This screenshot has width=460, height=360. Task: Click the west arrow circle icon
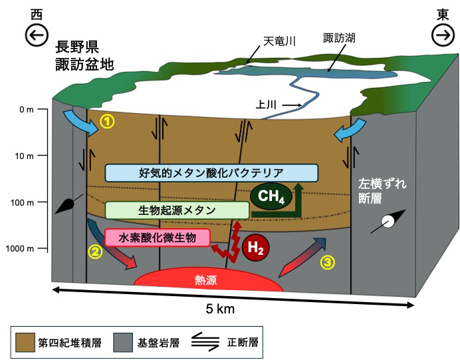pos(37,35)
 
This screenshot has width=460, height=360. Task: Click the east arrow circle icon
pos(441,35)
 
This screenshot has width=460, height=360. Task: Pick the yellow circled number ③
pos(327,262)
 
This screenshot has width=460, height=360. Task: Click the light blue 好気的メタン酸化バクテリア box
pos(212,173)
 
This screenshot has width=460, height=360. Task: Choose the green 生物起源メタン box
pos(177,210)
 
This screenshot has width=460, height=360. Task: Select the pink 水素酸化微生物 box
pos(158,237)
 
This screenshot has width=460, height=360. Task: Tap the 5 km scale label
pos(220,309)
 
